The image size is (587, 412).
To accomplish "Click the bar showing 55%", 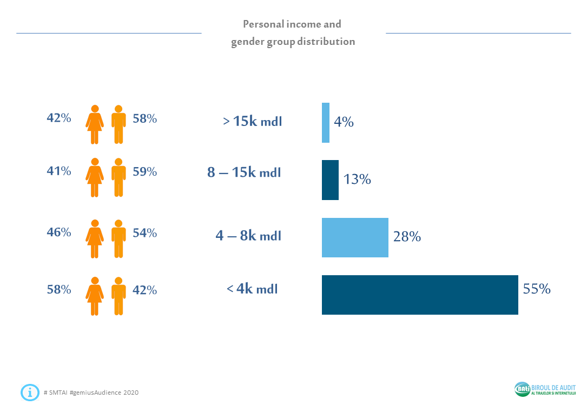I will point(420,295).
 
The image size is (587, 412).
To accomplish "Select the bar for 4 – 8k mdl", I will point(355,237).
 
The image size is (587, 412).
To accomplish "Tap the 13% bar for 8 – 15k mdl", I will point(330,180).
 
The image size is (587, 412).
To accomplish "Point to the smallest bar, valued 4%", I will point(326,123).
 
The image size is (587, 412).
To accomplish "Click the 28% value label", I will point(407,236).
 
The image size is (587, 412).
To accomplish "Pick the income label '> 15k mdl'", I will point(253,121).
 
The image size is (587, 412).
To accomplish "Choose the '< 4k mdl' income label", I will point(252,289).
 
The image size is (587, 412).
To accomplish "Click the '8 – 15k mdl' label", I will point(244,172).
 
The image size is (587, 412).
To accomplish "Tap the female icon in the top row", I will point(95,124).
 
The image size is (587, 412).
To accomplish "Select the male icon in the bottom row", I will point(118,296).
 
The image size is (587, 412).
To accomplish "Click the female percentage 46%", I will point(58,232).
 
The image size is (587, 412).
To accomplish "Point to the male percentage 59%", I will point(144,172).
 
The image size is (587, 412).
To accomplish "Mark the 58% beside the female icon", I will point(58,290).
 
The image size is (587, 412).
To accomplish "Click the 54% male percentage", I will point(144,233).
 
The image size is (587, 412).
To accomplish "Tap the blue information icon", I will point(30,392).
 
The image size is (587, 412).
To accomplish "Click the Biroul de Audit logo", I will point(545,389).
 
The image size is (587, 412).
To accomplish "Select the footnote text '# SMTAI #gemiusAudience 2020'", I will point(91,393).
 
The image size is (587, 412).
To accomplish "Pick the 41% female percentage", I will point(58,171).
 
